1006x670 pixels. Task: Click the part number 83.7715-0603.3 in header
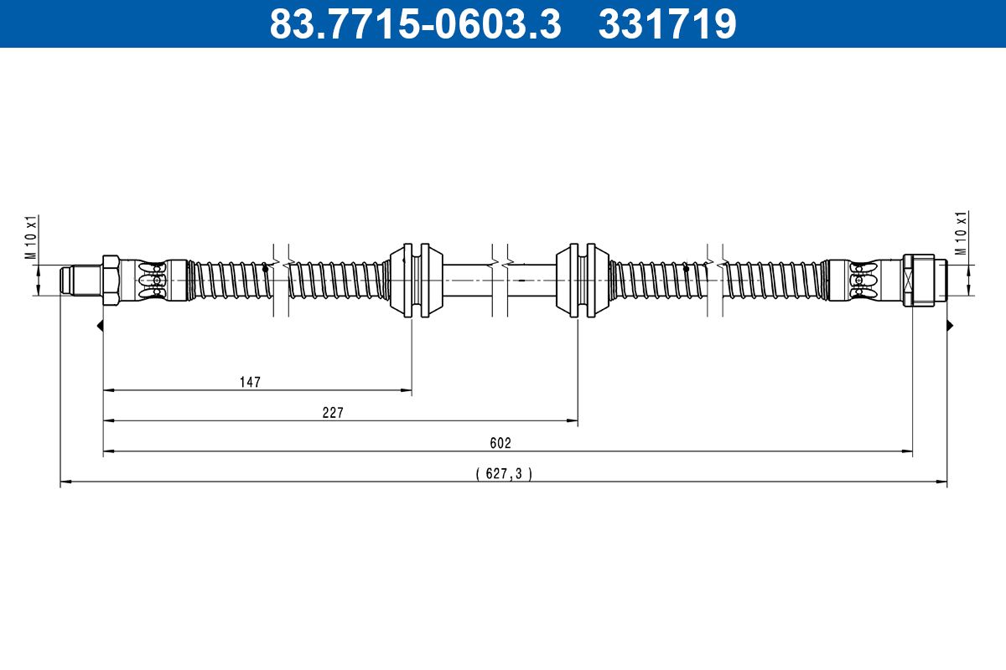pyautogui.click(x=414, y=23)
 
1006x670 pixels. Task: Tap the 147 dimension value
pyautogui.click(x=250, y=382)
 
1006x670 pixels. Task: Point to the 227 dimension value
pyautogui.click(x=333, y=412)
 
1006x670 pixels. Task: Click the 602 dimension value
pyautogui.click(x=500, y=443)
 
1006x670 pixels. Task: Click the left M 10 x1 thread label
pyautogui.click(x=31, y=239)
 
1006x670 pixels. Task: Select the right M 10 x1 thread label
pyautogui.click(x=962, y=234)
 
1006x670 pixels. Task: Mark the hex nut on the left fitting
pyautogui.click(x=111, y=280)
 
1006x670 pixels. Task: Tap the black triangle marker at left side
pyautogui.click(x=100, y=325)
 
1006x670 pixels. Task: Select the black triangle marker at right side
pyautogui.click(x=950, y=325)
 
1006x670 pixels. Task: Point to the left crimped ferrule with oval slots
pyautogui.click(x=153, y=280)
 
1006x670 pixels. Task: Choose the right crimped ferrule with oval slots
pyautogui.click(x=864, y=280)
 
